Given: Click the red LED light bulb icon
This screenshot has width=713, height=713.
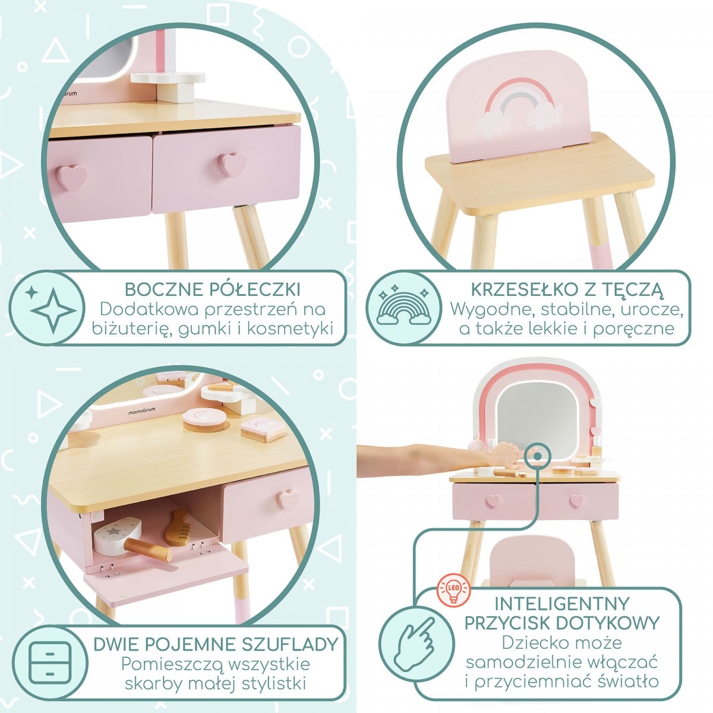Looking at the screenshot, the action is [x=453, y=589].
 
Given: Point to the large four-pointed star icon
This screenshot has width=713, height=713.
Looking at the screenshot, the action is [x=53, y=310].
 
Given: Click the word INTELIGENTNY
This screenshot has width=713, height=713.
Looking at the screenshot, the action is [x=561, y=604].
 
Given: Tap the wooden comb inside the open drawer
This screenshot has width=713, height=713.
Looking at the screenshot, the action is [x=178, y=526].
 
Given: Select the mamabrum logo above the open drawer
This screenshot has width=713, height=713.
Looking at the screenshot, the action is [x=142, y=409].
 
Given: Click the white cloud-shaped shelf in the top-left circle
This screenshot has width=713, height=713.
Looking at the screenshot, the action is [x=168, y=78].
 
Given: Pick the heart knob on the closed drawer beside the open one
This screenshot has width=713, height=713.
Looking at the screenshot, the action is [x=288, y=499].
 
